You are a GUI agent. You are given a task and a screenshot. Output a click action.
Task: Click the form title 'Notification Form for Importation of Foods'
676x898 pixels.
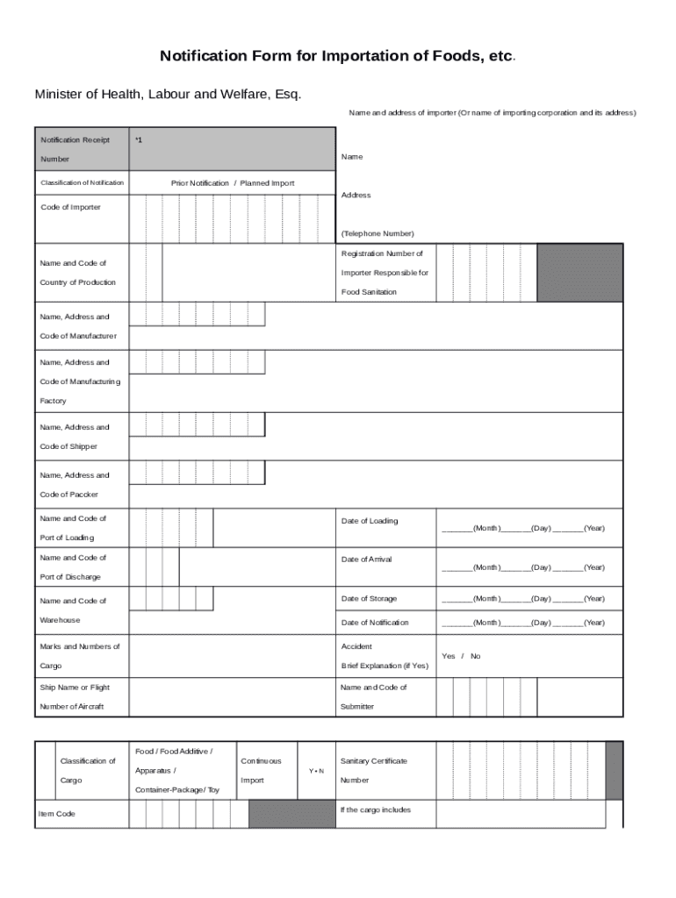tap(336, 56)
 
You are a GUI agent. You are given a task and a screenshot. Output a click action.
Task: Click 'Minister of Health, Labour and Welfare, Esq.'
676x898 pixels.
tap(167, 94)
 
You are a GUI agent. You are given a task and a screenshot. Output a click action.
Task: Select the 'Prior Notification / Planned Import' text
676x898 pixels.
tap(233, 183)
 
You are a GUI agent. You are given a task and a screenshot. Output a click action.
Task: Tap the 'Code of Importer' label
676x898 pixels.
tap(70, 207)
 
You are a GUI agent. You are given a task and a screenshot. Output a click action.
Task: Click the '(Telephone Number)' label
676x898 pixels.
tap(378, 233)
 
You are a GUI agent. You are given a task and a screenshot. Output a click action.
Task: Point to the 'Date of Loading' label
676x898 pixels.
tap(370, 521)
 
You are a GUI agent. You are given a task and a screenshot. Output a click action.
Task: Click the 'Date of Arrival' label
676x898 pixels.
tap(367, 559)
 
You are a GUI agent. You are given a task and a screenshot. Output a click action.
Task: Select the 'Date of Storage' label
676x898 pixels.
tap(369, 599)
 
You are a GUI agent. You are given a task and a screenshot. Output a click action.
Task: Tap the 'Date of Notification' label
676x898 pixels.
tap(375, 623)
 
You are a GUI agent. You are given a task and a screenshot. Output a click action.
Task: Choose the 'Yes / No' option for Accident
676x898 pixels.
tap(461, 656)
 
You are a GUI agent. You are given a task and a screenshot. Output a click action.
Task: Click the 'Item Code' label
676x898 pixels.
tap(57, 814)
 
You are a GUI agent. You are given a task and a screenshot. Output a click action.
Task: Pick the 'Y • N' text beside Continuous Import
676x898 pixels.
tap(317, 771)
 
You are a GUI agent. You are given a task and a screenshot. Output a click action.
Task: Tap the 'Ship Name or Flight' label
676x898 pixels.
tap(75, 688)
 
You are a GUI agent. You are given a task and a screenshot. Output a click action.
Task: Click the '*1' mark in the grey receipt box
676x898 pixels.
tap(139, 140)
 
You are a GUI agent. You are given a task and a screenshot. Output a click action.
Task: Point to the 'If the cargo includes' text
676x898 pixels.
tap(376, 809)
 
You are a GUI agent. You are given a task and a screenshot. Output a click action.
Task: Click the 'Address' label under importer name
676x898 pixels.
tap(356, 195)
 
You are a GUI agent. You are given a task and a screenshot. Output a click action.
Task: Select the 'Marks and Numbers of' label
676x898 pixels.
tap(80, 646)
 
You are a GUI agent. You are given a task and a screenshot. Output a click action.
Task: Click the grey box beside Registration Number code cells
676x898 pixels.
tap(579, 273)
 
